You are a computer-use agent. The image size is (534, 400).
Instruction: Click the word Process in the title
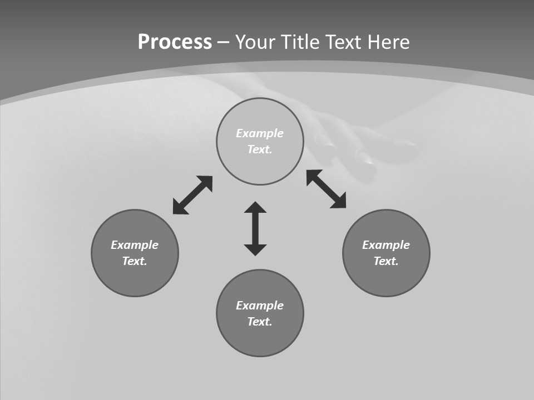click(175, 42)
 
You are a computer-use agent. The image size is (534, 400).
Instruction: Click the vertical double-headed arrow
click(255, 228)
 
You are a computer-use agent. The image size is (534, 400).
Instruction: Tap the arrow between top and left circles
click(192, 195)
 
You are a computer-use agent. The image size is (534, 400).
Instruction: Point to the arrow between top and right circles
click(327, 189)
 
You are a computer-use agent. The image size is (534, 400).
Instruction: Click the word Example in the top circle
click(260, 133)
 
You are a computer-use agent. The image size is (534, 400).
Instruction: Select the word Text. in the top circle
click(260, 149)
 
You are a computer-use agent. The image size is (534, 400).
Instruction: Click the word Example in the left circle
click(135, 245)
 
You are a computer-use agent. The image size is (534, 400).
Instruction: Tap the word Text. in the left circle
click(135, 261)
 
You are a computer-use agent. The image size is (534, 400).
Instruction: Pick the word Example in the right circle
click(386, 245)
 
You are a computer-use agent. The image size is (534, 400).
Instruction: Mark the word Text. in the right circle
click(386, 261)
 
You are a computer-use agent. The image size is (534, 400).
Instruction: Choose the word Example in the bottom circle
click(260, 306)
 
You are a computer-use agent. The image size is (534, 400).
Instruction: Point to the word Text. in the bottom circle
click(260, 322)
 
